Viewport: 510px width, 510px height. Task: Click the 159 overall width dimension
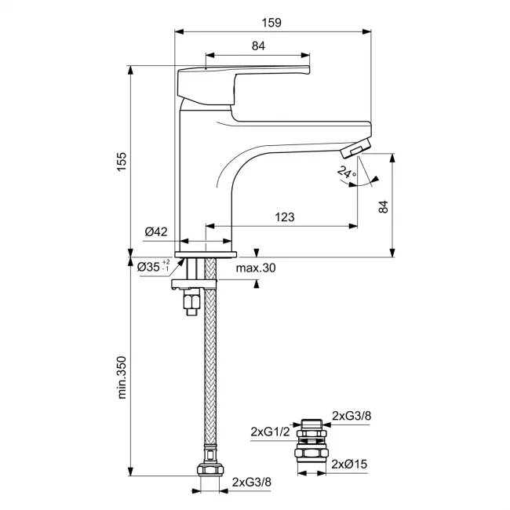pos(271,23)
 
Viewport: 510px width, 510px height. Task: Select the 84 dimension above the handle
pos(258,46)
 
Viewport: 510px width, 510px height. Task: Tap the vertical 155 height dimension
pos(122,162)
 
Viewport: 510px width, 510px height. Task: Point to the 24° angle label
pos(347,172)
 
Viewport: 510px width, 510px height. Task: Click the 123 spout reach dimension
pos(285,217)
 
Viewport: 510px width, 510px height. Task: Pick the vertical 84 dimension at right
pos(384,207)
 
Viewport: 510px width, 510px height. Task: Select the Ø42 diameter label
pos(156,231)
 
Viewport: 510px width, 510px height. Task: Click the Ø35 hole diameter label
pos(153,267)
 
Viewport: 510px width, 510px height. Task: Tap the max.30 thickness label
pos(256,268)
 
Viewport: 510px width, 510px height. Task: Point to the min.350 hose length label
pos(122,377)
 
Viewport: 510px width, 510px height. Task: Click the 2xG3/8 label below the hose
pos(251,482)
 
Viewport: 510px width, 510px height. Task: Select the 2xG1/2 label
pos(270,432)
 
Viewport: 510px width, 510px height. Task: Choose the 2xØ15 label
pos(349,464)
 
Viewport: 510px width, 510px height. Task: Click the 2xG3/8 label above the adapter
pos(352,416)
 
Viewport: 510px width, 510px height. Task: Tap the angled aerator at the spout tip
pos(355,148)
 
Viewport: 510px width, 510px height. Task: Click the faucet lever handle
pos(243,86)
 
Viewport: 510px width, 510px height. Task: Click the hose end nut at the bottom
pos(210,470)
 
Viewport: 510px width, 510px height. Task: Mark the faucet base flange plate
pos(206,255)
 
